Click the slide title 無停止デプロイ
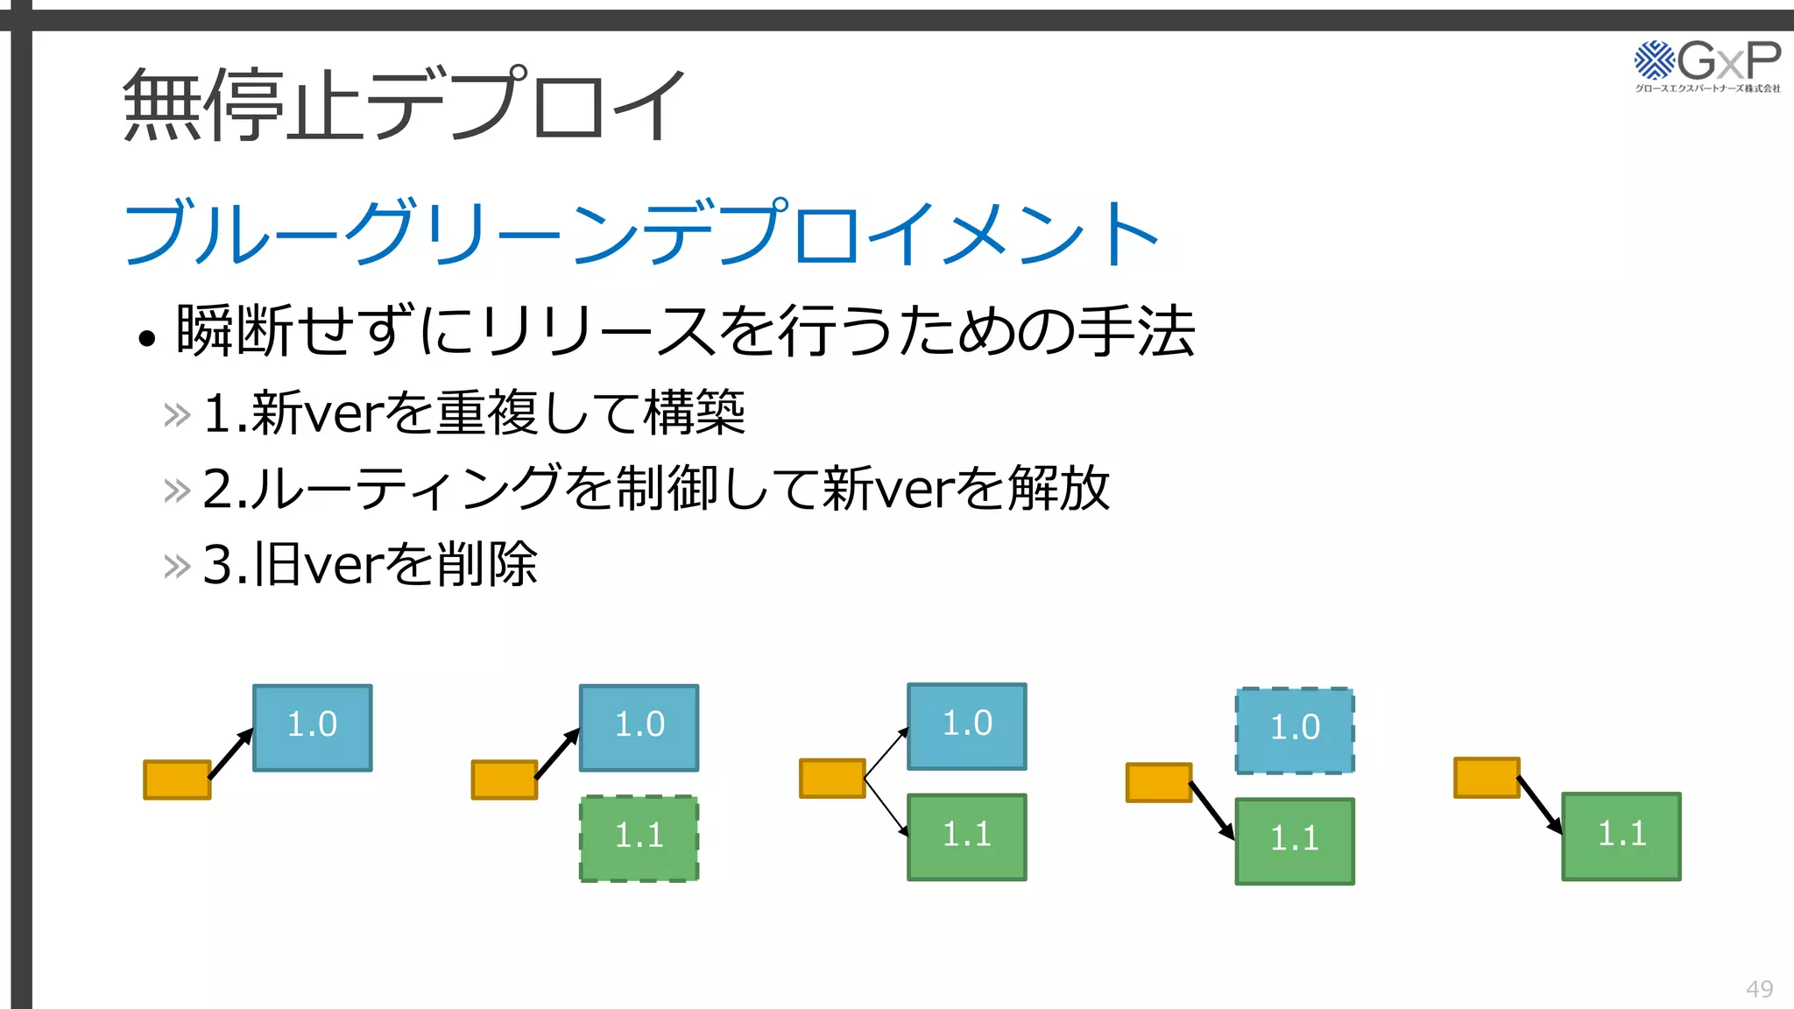(x=403, y=105)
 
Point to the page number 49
(x=1759, y=989)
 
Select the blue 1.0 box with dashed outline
(x=1295, y=730)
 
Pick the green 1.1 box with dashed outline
(x=639, y=838)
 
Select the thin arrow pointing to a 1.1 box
(x=886, y=806)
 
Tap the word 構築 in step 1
(x=695, y=413)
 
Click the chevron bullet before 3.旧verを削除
(x=177, y=567)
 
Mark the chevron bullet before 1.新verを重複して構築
(x=177, y=415)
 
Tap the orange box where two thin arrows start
(x=832, y=778)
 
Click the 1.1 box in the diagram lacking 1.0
(x=1621, y=836)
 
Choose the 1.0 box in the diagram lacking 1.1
(x=313, y=728)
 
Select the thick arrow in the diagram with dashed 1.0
(x=1212, y=809)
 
